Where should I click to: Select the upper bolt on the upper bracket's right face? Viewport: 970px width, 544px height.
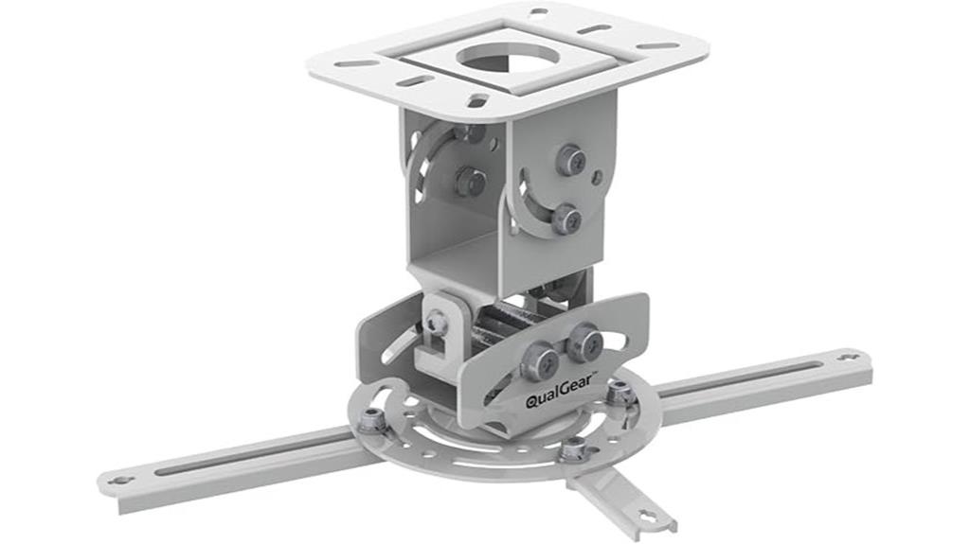(x=570, y=160)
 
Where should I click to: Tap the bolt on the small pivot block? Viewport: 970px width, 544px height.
(x=437, y=324)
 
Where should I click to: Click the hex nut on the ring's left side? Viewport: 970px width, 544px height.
(x=371, y=419)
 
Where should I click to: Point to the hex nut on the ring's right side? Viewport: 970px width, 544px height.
(x=620, y=392)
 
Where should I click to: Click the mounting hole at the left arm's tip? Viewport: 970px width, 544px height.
(x=120, y=480)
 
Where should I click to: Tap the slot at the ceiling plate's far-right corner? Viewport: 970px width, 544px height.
(x=656, y=45)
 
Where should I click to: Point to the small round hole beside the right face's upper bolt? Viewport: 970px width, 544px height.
(x=596, y=176)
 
